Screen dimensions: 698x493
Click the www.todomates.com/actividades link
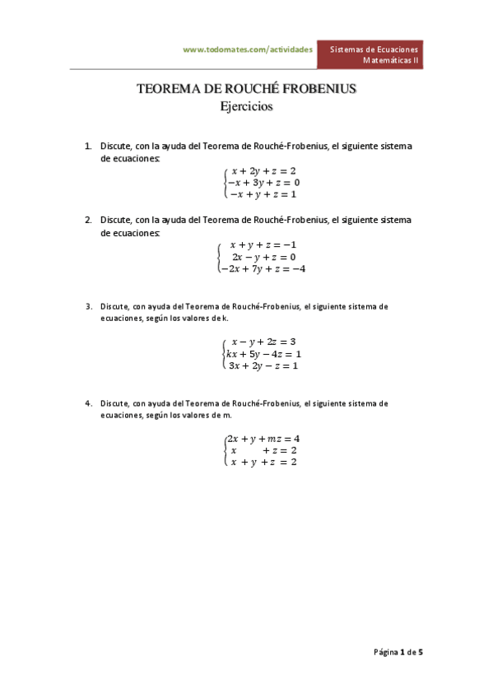(247, 49)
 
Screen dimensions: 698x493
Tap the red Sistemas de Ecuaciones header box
(374, 54)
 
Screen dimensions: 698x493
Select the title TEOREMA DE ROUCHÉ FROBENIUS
(246, 90)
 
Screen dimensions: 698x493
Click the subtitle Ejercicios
(246, 106)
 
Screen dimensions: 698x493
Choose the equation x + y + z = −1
(263, 244)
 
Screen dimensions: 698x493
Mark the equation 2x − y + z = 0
(263, 256)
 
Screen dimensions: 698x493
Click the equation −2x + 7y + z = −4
(263, 268)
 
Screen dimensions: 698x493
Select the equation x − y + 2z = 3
(263, 342)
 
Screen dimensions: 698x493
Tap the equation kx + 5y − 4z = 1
(263, 354)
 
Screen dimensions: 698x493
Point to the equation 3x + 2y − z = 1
(263, 365)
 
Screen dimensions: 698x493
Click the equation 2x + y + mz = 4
(263, 439)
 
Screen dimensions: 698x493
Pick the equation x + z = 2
(263, 450)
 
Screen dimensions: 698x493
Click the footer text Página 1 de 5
(398, 652)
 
